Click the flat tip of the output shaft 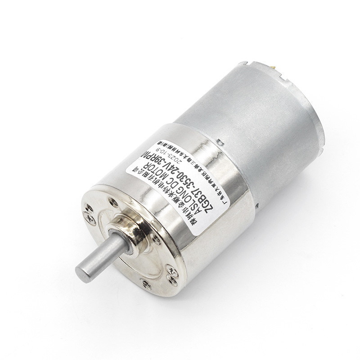84,272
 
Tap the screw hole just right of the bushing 156,240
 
